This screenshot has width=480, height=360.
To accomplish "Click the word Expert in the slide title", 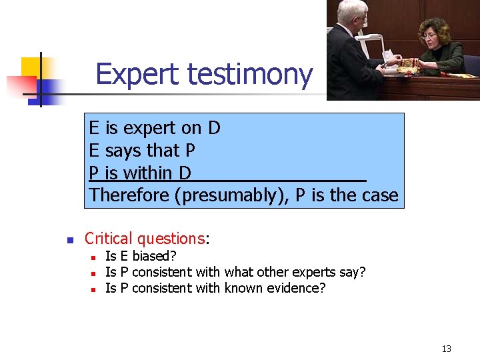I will (x=138, y=75).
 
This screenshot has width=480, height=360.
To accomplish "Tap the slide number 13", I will (x=446, y=349).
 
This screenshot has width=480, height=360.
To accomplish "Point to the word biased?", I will (x=154, y=256).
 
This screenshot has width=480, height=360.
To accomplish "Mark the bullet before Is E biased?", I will (x=94, y=257).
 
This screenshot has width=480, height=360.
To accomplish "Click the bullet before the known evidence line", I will (x=94, y=289).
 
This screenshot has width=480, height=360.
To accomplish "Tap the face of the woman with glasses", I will (x=434, y=34).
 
